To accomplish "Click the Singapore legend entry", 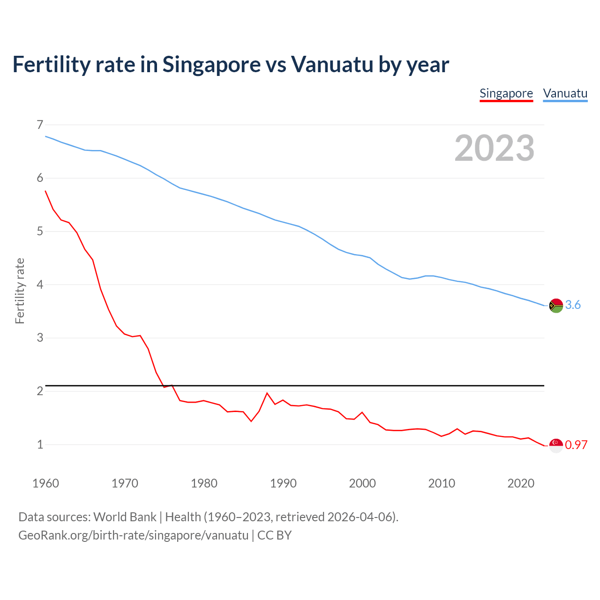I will pyautogui.click(x=506, y=93).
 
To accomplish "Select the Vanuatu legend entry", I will pyautogui.click(x=565, y=93).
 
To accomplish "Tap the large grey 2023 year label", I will pyautogui.click(x=495, y=148).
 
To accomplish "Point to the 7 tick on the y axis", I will pyautogui.click(x=40, y=125).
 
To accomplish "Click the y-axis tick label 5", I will pyautogui.click(x=40, y=231).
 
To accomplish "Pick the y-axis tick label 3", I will pyautogui.click(x=40, y=337).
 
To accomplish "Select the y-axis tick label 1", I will pyautogui.click(x=40, y=444).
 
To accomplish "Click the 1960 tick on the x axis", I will pyautogui.click(x=45, y=483).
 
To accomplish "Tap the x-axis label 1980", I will pyautogui.click(x=204, y=483).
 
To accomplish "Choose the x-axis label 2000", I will pyautogui.click(x=362, y=483).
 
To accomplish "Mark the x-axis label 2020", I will pyautogui.click(x=521, y=483).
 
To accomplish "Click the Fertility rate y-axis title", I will pyautogui.click(x=20, y=291).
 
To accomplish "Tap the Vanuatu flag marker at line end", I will pyautogui.click(x=556, y=305).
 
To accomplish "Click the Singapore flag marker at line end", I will pyautogui.click(x=556, y=445).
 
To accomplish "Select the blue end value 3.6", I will pyautogui.click(x=573, y=305).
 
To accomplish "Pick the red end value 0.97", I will pyautogui.click(x=576, y=445).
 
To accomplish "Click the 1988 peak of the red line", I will pyautogui.click(x=267, y=393).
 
